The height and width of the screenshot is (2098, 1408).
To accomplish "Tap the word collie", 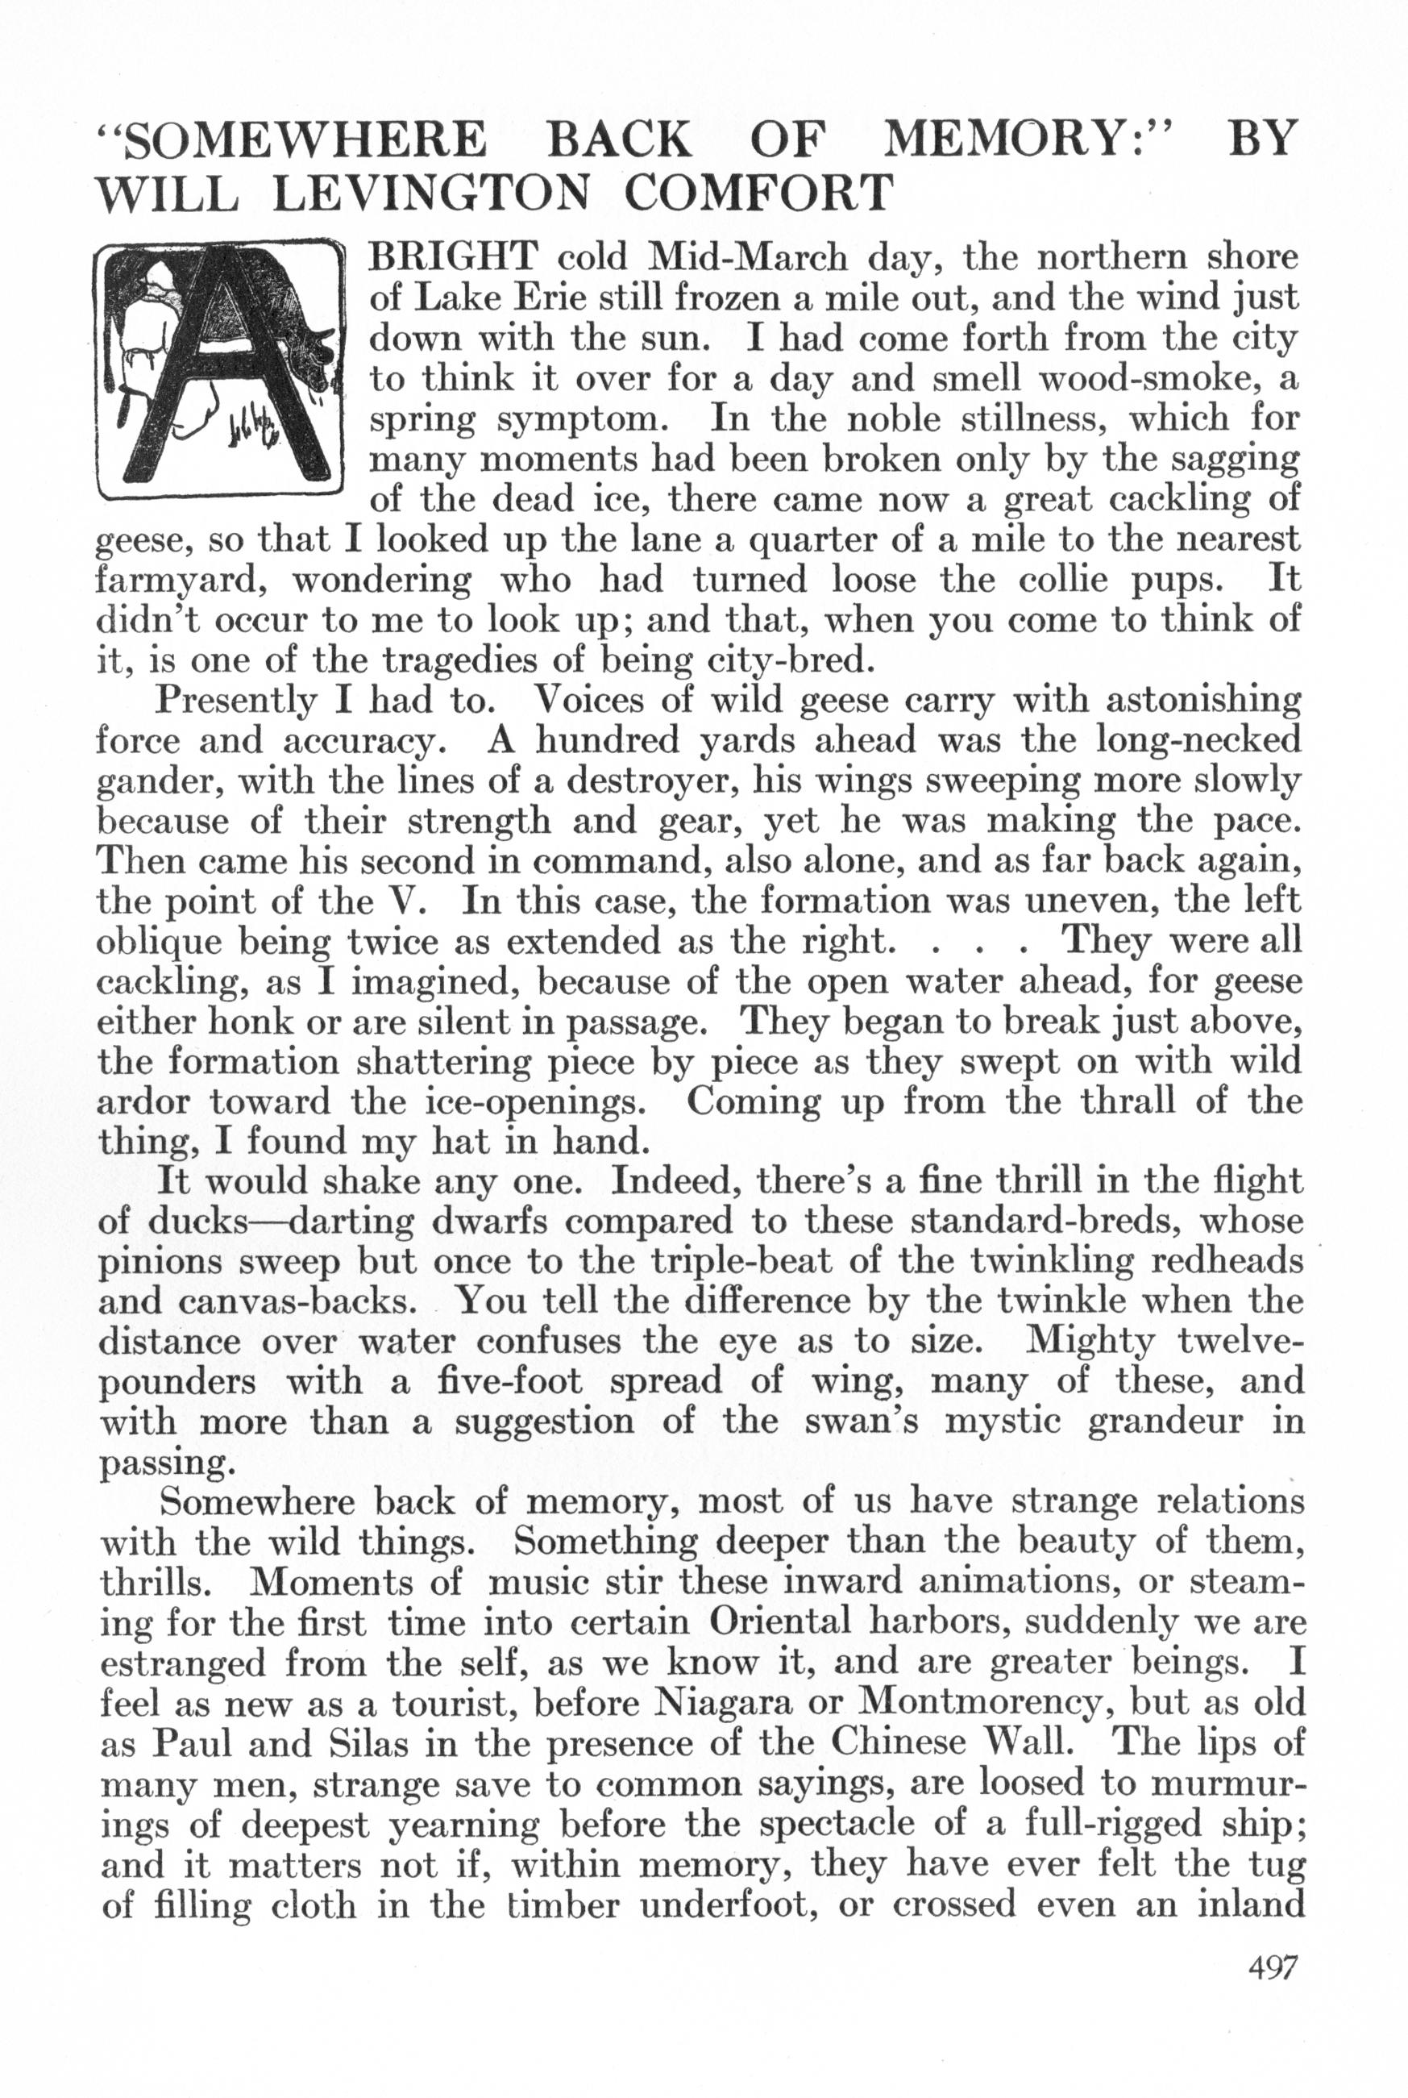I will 1071,581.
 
